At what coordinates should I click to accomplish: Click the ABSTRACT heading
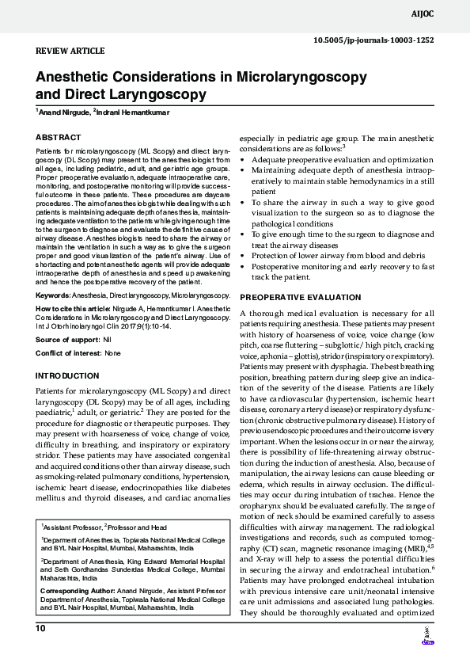[59, 137]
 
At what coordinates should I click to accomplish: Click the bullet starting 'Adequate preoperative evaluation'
[343, 159]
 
